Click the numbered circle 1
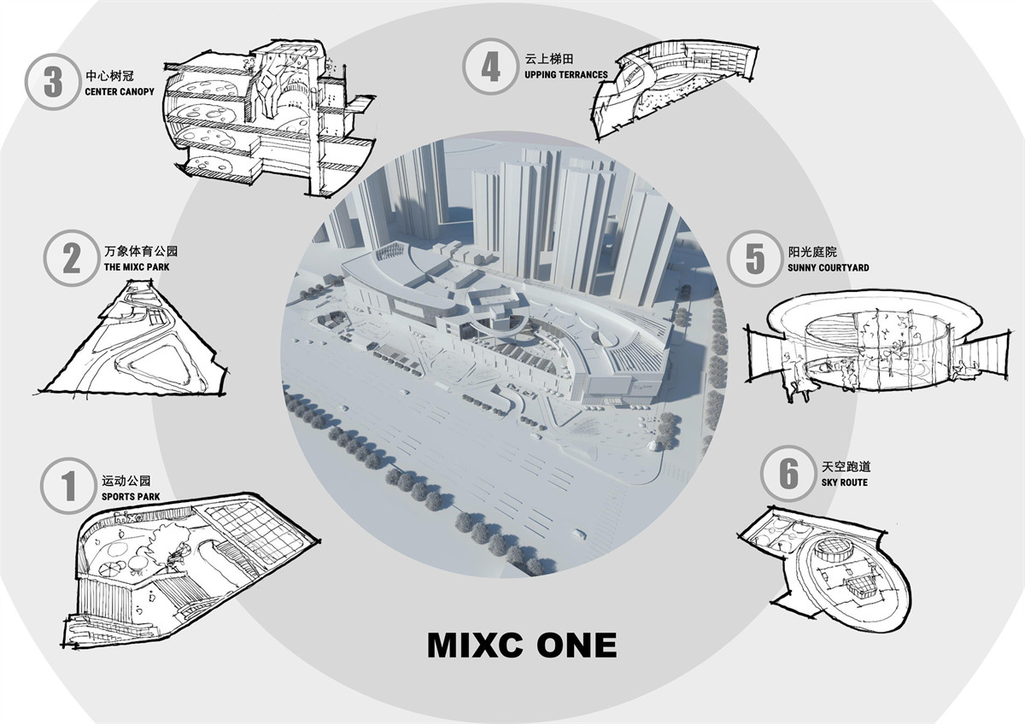(68, 486)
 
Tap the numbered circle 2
(72, 259)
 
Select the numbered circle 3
(53, 82)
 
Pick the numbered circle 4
(490, 67)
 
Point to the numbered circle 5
(755, 259)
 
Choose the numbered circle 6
(789, 473)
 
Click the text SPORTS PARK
(131, 497)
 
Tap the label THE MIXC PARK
(137, 267)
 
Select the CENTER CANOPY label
(120, 92)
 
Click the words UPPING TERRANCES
(566, 74)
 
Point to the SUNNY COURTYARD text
(829, 268)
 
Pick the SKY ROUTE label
(844, 482)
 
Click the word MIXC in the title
(476, 645)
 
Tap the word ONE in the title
(577, 645)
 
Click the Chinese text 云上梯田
(549, 59)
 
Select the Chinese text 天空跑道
(846, 467)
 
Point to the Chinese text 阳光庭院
(812, 252)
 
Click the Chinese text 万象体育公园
(141, 251)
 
